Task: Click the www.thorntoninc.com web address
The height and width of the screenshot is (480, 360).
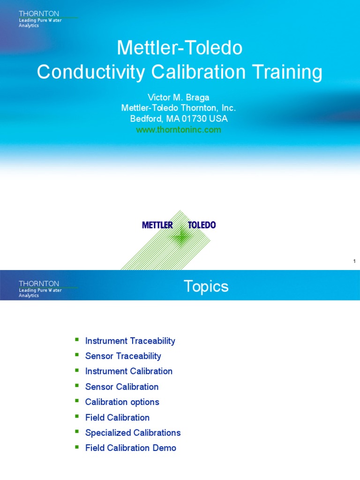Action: (179, 130)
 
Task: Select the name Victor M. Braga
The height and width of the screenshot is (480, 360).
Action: (179, 97)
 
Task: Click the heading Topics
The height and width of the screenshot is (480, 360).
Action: (206, 286)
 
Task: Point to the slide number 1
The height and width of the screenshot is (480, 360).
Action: (354, 261)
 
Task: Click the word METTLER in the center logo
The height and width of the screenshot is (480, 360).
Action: (157, 225)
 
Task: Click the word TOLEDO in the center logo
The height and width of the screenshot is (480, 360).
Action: (202, 225)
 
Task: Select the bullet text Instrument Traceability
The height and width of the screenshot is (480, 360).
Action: (130, 341)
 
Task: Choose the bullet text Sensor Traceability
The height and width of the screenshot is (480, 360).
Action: (123, 356)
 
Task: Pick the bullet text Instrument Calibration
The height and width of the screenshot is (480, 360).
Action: (128, 371)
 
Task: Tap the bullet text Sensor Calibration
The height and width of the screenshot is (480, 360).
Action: (122, 387)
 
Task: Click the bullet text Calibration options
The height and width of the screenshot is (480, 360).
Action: (122, 402)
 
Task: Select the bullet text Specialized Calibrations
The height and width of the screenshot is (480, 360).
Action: (133, 433)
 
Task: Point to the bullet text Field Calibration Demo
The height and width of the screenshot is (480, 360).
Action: (130, 448)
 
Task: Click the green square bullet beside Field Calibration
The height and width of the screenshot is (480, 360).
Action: (77, 416)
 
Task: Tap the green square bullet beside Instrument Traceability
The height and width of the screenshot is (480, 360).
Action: (77, 340)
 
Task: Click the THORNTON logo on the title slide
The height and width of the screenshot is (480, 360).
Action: (39, 14)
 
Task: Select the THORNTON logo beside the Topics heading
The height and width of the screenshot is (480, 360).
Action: (39, 284)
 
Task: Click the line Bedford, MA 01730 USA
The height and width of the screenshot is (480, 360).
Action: (179, 119)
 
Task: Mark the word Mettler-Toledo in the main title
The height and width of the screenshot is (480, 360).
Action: (180, 48)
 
